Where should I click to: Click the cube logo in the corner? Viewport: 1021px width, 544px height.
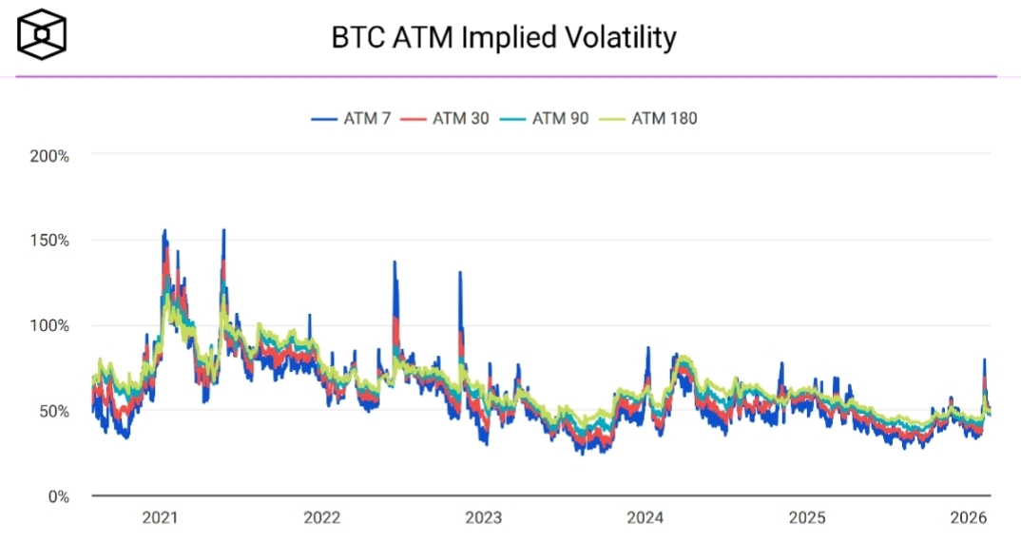coord(42,35)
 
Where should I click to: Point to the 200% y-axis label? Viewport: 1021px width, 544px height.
coord(49,155)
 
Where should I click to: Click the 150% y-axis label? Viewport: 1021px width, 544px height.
coord(49,241)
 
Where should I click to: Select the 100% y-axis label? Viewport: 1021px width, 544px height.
coord(49,325)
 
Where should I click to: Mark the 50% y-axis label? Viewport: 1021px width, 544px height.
coord(53,411)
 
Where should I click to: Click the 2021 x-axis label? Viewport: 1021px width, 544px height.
coord(160,518)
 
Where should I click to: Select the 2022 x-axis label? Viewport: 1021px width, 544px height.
coord(321,518)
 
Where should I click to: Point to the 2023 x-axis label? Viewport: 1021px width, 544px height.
coord(483,518)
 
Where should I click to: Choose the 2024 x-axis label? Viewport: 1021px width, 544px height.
coord(645,518)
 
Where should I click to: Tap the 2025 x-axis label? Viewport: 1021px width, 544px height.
coord(807,518)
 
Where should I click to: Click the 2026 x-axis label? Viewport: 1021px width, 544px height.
coord(969,518)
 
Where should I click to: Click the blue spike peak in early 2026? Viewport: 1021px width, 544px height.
coord(984,360)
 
